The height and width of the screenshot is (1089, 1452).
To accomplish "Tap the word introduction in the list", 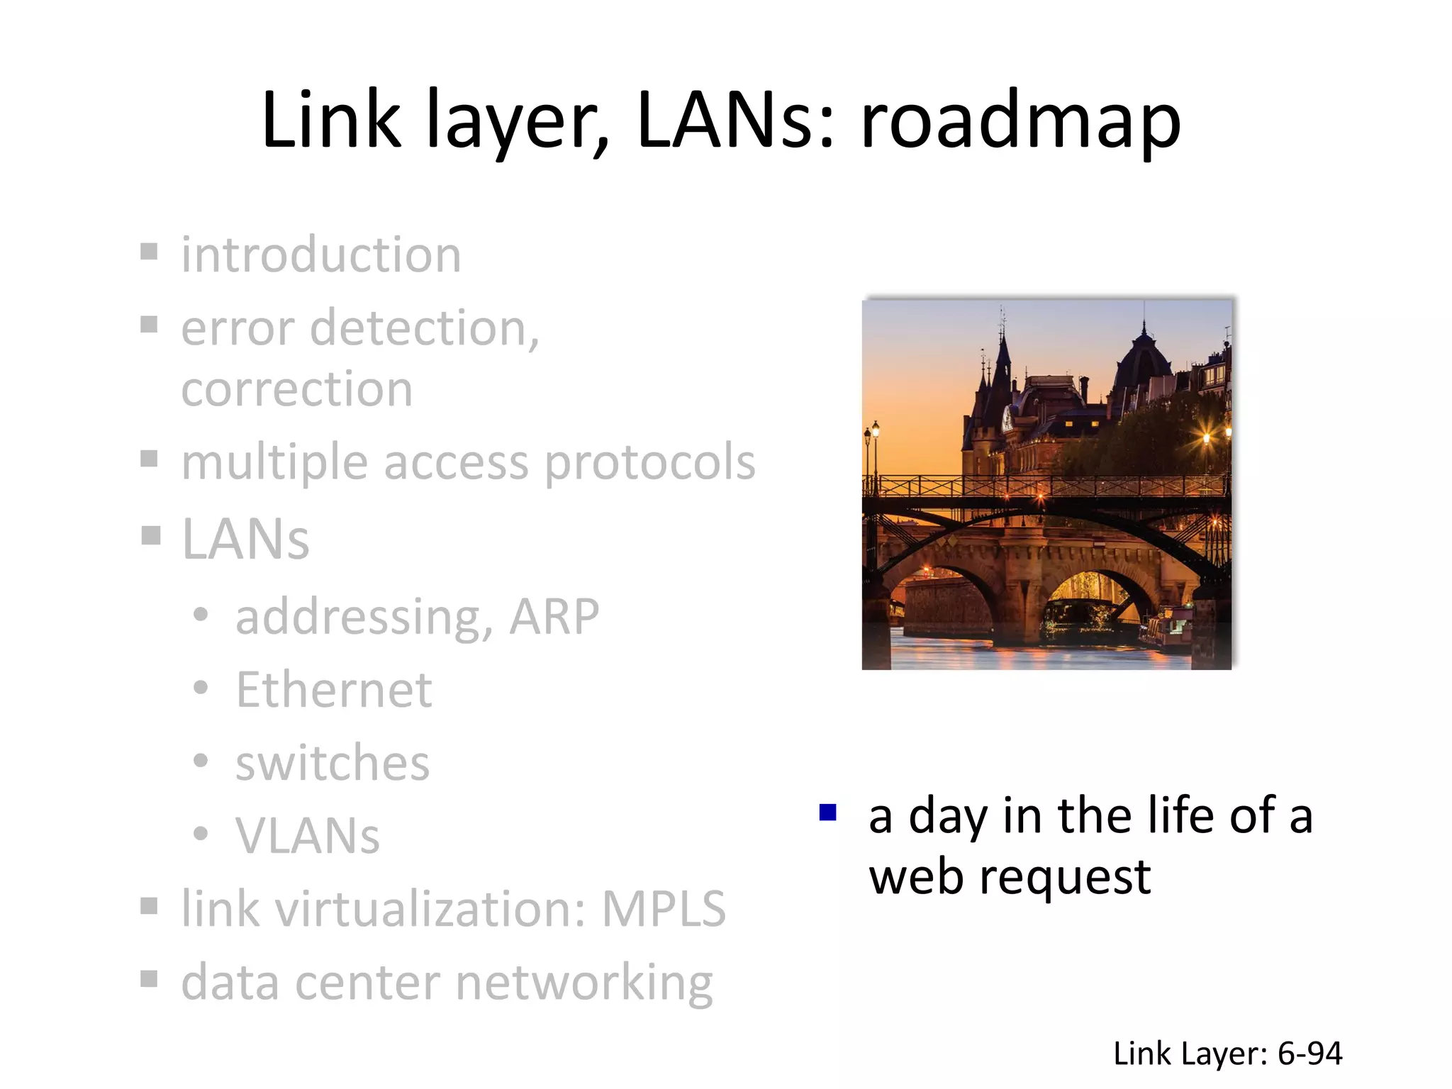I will (x=321, y=255).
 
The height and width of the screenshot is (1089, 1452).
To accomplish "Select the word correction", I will (x=296, y=389).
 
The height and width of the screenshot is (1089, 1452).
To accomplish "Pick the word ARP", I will (x=554, y=616).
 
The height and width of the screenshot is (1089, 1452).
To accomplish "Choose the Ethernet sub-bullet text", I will (x=333, y=690).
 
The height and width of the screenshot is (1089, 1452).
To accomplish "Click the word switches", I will (x=333, y=764).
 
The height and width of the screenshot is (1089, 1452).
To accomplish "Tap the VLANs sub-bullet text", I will (x=308, y=837).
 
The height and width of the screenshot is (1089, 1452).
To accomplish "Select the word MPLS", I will (x=664, y=909).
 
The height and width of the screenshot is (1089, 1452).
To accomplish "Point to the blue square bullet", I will (x=827, y=812).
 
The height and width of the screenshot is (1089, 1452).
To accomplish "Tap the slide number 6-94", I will (x=1309, y=1054).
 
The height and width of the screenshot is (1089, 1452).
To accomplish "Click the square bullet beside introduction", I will (x=149, y=252).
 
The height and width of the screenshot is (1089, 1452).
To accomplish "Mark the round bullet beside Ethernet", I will (x=201, y=687).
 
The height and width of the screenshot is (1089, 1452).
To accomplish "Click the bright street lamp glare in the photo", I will (x=1206, y=437).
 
